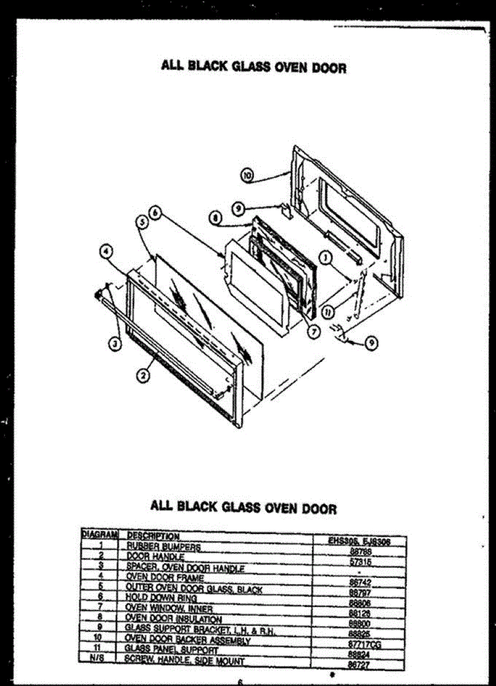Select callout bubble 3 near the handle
click(x=116, y=344)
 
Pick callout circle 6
click(x=155, y=212)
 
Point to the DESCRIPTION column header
click(x=153, y=536)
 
